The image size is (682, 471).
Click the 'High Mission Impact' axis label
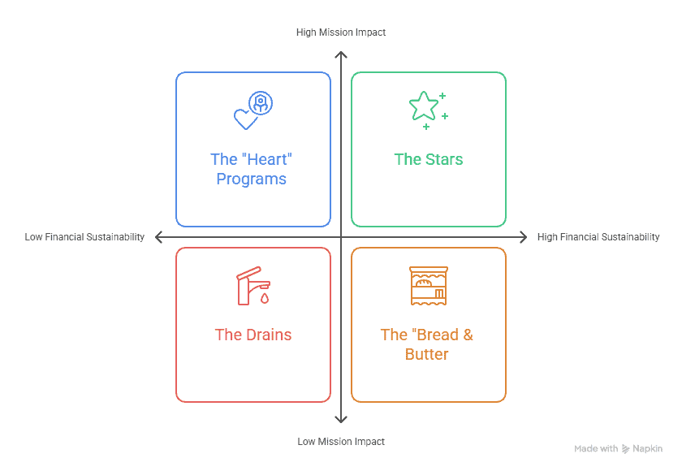(x=341, y=32)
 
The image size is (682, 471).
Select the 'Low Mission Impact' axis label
(x=341, y=442)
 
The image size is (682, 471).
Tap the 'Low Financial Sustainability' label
(x=84, y=237)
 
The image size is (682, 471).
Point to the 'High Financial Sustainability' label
(x=598, y=237)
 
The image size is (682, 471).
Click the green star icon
(x=423, y=106)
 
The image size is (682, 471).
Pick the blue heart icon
(x=245, y=119)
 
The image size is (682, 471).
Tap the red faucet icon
(x=253, y=286)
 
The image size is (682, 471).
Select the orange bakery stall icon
(x=428, y=286)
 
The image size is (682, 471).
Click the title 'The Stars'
(x=429, y=159)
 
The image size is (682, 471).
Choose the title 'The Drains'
(x=253, y=335)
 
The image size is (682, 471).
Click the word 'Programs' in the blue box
(x=251, y=179)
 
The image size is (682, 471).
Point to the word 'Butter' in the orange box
(x=427, y=354)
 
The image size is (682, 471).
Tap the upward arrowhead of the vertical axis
(x=341, y=55)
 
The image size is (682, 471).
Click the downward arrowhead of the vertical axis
(x=341, y=419)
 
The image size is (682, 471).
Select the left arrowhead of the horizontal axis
(x=158, y=237)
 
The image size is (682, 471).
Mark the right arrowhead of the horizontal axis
(x=524, y=237)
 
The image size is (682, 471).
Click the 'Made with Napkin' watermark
(x=618, y=448)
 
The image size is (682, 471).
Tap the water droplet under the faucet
(x=265, y=298)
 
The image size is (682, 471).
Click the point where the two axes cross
(x=341, y=237)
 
